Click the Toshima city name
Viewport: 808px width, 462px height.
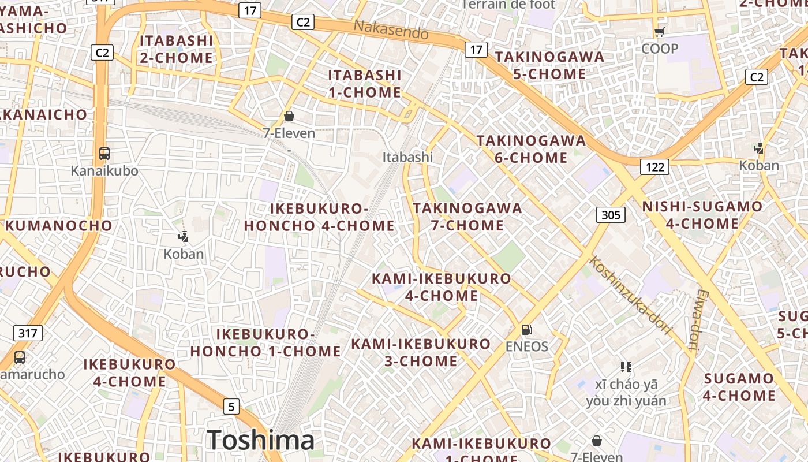(x=261, y=441)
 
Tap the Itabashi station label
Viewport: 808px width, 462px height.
(x=407, y=157)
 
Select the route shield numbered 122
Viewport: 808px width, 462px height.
(x=654, y=167)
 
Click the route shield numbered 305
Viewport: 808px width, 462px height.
(x=611, y=215)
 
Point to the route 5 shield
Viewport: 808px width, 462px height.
(x=231, y=407)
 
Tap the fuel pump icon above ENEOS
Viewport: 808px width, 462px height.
(x=526, y=330)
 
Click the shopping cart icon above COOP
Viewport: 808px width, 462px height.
(x=660, y=32)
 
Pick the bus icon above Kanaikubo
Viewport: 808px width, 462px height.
(x=104, y=154)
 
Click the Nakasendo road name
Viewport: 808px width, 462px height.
(x=391, y=29)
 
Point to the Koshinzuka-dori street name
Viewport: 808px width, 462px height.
(x=631, y=295)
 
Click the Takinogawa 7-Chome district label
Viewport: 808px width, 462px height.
(x=467, y=217)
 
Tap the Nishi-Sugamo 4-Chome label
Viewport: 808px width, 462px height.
(x=702, y=215)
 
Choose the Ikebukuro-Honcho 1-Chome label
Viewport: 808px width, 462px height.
(x=265, y=342)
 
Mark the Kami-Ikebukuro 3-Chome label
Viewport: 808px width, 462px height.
(x=421, y=352)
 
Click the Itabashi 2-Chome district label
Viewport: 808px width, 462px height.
(x=177, y=49)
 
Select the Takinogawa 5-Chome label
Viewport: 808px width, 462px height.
(x=549, y=65)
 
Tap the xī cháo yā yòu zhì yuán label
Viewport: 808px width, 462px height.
(x=626, y=393)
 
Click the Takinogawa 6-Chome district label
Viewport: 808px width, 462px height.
(x=531, y=149)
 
